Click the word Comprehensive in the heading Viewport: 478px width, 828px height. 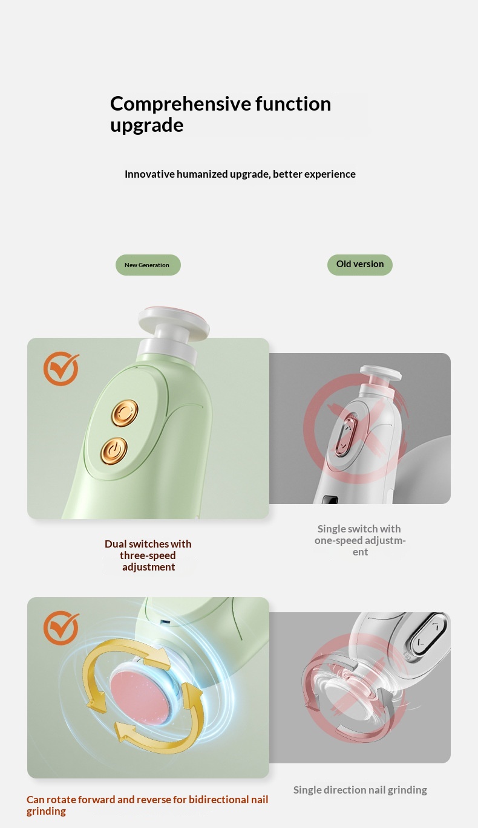coord(180,105)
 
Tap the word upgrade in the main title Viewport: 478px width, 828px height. coord(146,126)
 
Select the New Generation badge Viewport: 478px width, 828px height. coord(148,265)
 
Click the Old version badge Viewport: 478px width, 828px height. coord(359,265)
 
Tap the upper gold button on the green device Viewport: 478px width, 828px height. coord(125,412)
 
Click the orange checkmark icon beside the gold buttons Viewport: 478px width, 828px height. coord(61,369)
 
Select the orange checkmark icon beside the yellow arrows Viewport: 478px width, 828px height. coord(61,628)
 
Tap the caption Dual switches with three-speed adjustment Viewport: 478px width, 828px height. coord(148,555)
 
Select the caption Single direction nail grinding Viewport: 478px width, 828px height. coord(360,789)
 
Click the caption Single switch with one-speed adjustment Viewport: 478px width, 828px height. coord(360,540)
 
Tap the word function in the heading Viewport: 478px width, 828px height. coord(293,105)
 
